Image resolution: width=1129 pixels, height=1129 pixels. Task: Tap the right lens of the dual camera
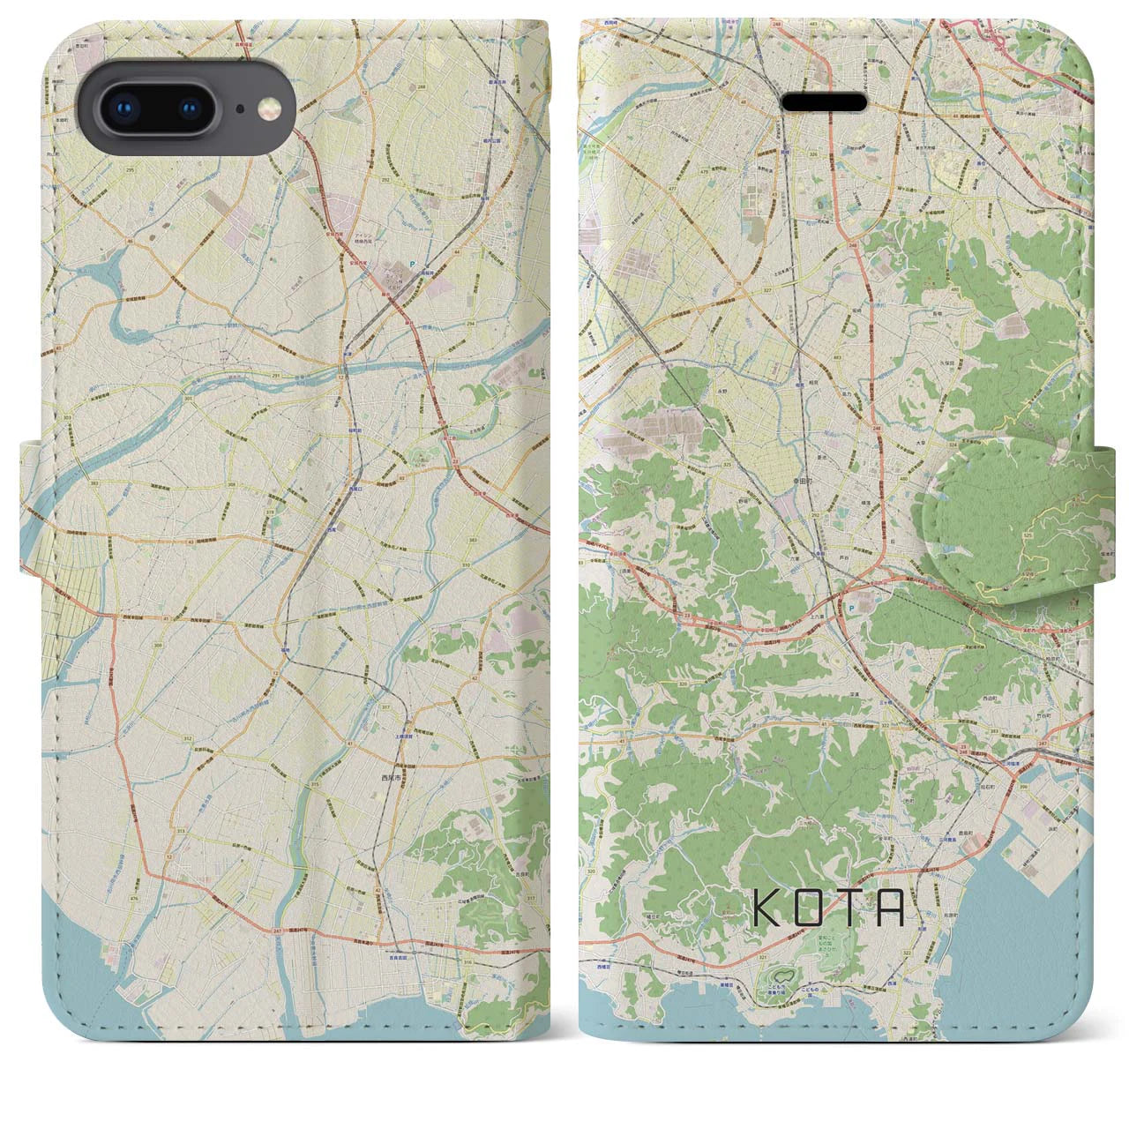coord(191,108)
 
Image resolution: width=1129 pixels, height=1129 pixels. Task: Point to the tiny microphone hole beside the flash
coord(239,109)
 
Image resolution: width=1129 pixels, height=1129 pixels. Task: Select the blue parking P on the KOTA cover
coord(849,608)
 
